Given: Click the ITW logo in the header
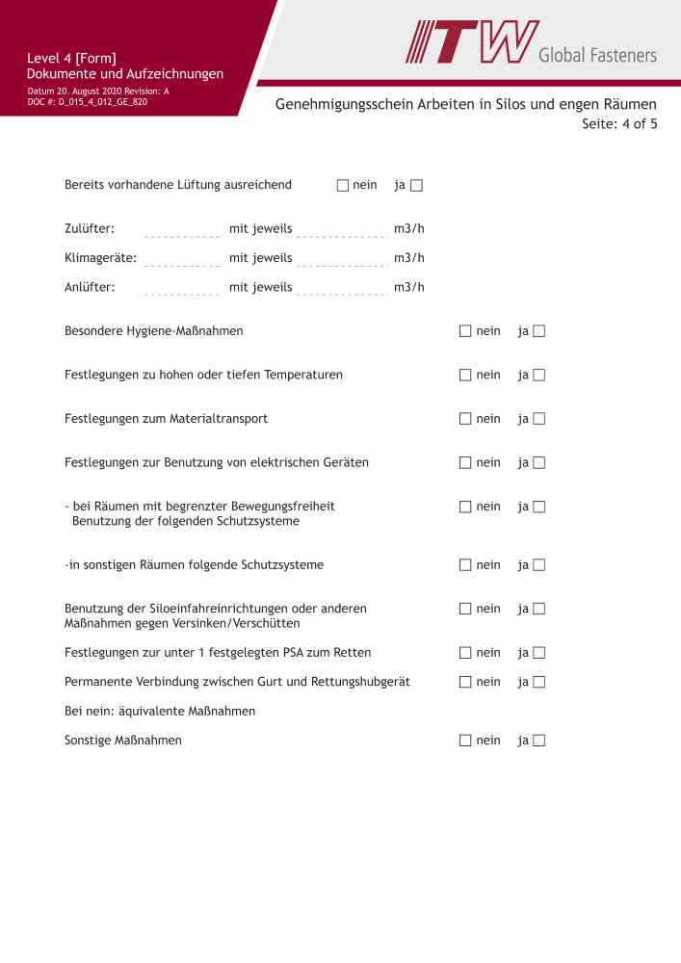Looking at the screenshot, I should [x=472, y=42].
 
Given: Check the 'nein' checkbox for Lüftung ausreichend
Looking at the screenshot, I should [x=342, y=186].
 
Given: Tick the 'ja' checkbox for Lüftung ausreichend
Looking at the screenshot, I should [x=416, y=186].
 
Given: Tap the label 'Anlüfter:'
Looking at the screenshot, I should [x=90, y=287].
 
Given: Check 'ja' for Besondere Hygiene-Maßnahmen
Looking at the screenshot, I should [x=539, y=331].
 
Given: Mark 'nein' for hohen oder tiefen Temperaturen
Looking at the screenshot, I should [x=465, y=375].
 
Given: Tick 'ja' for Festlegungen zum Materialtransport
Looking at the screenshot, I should [x=539, y=419].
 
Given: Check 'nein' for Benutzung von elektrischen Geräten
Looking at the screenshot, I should [x=465, y=462].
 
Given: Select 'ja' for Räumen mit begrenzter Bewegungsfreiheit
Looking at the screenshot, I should [x=539, y=507].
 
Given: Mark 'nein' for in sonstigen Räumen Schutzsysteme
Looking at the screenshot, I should [x=465, y=565].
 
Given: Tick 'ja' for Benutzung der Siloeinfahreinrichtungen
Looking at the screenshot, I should [x=539, y=609].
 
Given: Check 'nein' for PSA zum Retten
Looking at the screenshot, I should [x=465, y=653].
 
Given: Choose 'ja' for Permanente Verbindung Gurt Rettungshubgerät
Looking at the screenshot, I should [x=539, y=682].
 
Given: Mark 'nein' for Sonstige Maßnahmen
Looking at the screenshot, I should [x=465, y=741].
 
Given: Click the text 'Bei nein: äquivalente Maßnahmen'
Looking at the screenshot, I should [x=160, y=712].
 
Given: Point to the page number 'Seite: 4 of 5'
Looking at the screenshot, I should [x=619, y=124].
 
